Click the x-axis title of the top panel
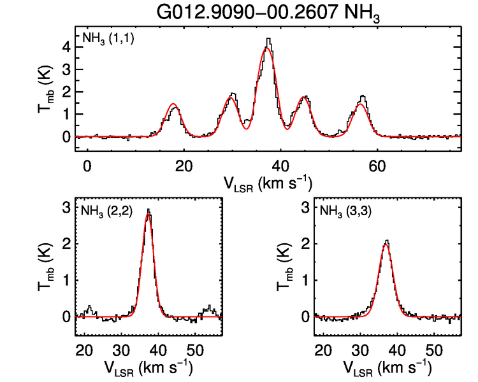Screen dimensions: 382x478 tap(268, 183)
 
